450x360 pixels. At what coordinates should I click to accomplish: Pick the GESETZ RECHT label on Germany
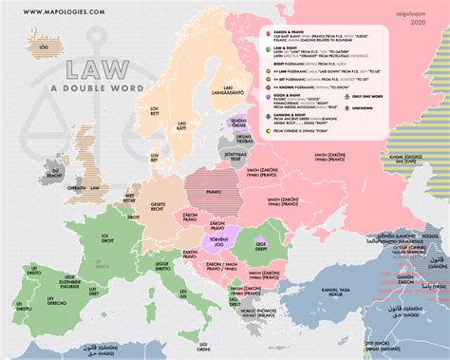(x=160, y=208)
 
